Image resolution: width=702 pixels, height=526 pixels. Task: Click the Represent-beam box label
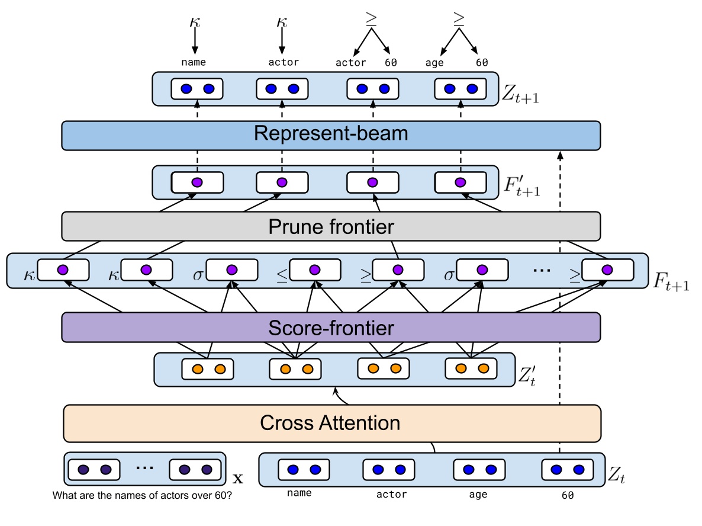[331, 133]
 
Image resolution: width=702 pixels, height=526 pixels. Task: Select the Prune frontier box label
[331, 226]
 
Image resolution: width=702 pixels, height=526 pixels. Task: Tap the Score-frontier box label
[331, 327]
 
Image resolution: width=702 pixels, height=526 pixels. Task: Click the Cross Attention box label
[330, 423]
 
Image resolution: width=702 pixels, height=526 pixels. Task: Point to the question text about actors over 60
[142, 495]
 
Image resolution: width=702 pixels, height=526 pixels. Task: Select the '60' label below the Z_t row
[568, 495]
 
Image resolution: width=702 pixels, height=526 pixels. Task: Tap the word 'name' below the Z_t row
[299, 493]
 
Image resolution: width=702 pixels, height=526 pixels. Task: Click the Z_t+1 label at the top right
[521, 92]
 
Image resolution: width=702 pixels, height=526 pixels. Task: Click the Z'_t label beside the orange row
[527, 374]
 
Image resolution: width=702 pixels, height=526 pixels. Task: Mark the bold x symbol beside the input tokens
[237, 477]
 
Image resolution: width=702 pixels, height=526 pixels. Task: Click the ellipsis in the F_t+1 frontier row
[541, 270]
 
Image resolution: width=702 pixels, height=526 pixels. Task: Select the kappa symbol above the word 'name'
[194, 22]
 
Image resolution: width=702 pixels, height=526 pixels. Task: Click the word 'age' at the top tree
[434, 62]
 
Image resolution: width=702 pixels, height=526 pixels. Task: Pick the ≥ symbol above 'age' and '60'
[459, 19]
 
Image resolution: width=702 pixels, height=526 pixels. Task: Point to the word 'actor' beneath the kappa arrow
[284, 62]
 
